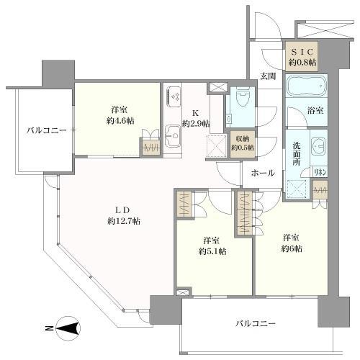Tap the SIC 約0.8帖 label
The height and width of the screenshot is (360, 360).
pos(302,56)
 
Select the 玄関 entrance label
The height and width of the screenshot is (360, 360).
pos(268,76)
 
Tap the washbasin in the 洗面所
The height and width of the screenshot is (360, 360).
pos(317,145)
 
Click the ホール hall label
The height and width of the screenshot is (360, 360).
pos(261,174)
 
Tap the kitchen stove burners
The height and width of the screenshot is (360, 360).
pos(174,96)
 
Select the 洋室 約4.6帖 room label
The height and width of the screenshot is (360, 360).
pos(120,115)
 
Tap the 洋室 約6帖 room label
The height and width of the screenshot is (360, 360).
pos(292,243)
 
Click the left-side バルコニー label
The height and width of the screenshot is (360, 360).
pos(47,130)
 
